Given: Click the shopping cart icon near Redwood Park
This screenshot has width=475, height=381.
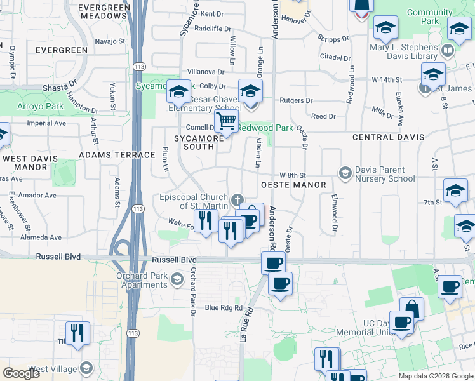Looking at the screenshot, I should (227, 121).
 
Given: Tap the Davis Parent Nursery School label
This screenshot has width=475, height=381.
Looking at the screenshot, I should (385, 174).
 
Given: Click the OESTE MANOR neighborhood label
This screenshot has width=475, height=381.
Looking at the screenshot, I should (293, 185).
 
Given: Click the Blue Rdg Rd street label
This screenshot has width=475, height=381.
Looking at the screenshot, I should (224, 308).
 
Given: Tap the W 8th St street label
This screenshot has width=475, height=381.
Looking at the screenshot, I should (293, 175).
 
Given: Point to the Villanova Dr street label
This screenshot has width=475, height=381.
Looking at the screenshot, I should (206, 72).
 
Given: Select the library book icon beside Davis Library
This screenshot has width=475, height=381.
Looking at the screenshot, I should (448, 50).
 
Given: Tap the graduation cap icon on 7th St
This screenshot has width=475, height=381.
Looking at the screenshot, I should (455, 190).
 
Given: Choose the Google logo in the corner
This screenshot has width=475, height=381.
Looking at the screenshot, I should (21, 373).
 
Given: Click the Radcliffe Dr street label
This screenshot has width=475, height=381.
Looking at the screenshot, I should (211, 28).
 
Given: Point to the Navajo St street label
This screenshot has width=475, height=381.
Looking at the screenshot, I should (110, 41).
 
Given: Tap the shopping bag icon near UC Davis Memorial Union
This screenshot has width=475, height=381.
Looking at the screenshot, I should (411, 309).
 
